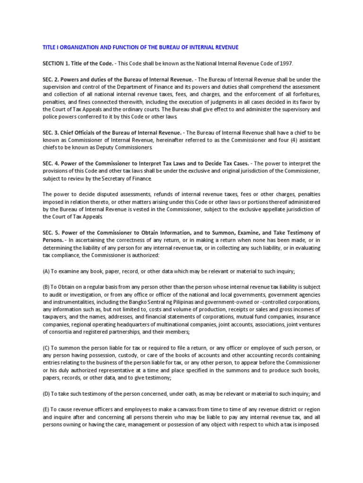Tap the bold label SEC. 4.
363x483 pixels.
[x=51, y=163]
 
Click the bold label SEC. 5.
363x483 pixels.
[x=51, y=233]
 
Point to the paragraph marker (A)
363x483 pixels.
[x=47, y=271]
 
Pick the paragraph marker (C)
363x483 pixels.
[x=47, y=347]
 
